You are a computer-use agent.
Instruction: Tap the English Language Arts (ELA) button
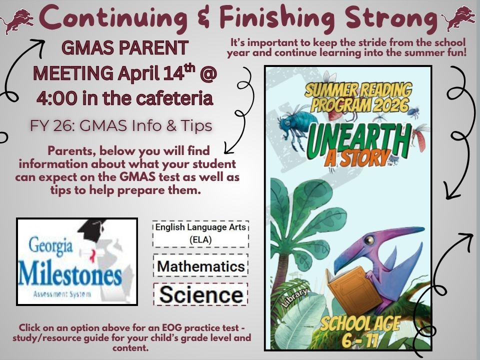pyautogui.click(x=200, y=233)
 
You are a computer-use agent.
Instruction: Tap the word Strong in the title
pyautogui.click(x=387, y=18)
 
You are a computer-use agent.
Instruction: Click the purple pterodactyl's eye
pyautogui.click(x=369, y=240)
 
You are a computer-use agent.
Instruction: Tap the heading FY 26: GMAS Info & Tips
pyautogui.click(x=121, y=125)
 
